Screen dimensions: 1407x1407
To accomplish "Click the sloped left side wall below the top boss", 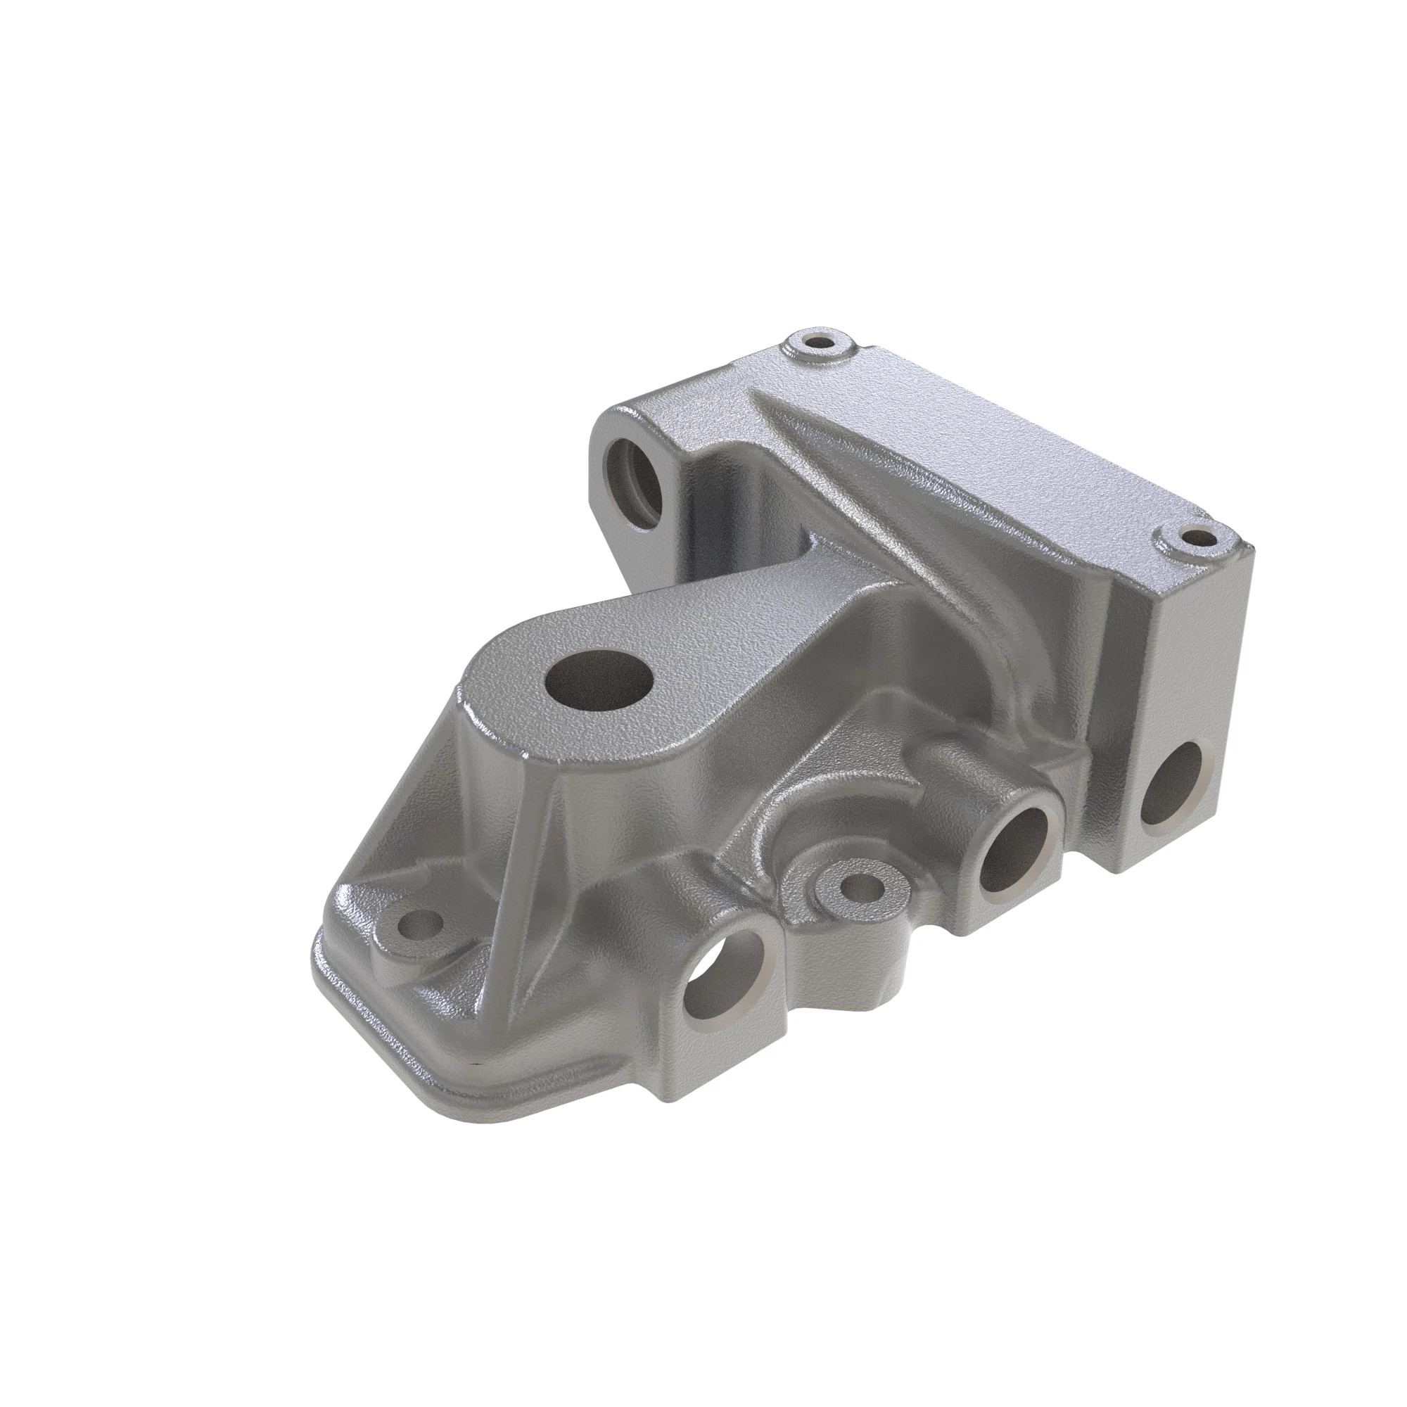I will [466, 808].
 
